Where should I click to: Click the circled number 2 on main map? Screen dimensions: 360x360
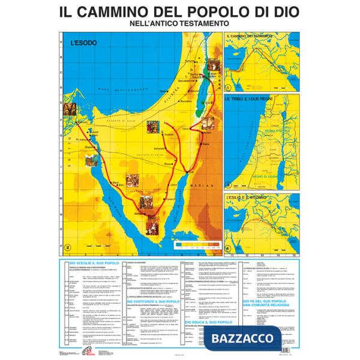click(68, 246)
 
